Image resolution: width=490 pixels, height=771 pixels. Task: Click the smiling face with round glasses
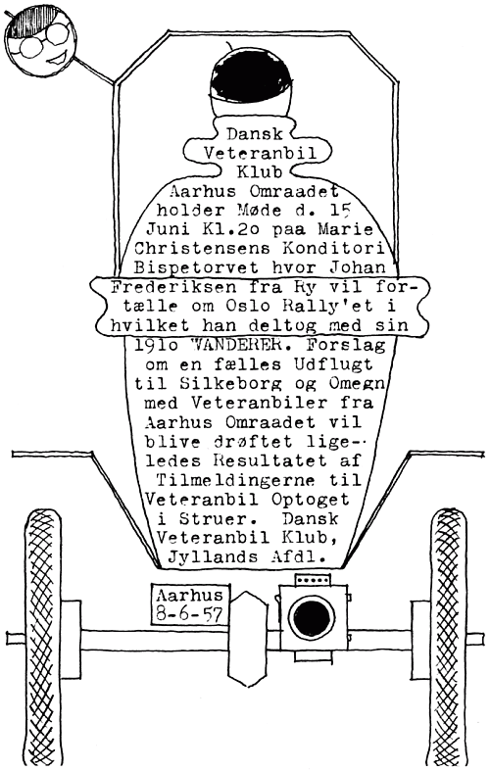40,41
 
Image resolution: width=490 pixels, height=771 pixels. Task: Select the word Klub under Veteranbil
260,172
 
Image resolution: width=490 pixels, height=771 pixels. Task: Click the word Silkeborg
227,384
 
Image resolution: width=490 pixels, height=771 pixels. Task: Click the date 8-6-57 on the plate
189,614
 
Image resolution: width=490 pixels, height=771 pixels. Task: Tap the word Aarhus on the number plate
189,596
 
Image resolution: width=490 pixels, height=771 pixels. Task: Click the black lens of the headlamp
312,617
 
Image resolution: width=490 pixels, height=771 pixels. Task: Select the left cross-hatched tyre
42,638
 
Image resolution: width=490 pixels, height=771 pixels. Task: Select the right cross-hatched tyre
448,638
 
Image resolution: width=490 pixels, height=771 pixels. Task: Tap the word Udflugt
333,364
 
